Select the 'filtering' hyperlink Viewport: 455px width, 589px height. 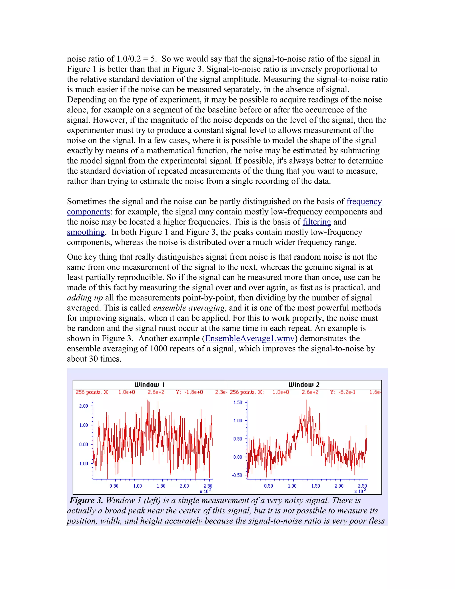click(x=317, y=222)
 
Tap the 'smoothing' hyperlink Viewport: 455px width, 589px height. click(x=86, y=232)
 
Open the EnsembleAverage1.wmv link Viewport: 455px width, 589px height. click(x=249, y=339)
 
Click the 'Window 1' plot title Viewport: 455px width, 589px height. click(x=150, y=385)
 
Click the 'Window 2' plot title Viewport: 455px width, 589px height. click(x=304, y=385)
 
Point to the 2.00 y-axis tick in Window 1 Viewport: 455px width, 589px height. click(x=84, y=406)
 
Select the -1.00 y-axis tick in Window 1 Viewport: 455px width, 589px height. click(x=83, y=464)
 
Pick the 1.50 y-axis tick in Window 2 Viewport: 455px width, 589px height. click(x=238, y=402)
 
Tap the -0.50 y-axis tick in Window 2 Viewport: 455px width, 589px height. click(x=237, y=475)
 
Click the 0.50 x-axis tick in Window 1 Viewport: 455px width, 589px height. click(x=114, y=486)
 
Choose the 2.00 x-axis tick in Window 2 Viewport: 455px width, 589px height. click(x=339, y=486)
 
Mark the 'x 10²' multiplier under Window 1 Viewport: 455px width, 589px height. click(x=206, y=491)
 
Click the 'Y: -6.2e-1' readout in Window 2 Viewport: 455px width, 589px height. click(x=342, y=392)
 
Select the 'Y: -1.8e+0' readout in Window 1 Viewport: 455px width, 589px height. click(x=189, y=392)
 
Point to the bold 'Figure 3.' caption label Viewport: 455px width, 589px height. click(x=86, y=501)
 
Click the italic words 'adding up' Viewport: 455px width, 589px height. click(x=85, y=298)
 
